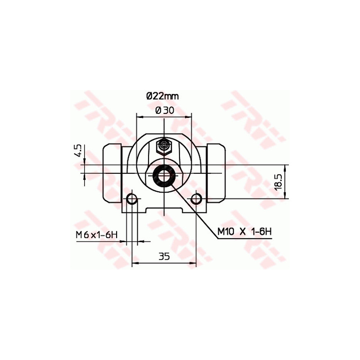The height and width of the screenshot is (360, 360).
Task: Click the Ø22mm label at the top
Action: (162, 96)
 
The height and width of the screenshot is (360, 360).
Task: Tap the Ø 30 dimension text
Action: (165, 111)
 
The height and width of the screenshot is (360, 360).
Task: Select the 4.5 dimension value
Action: (78, 151)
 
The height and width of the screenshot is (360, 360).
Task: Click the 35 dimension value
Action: (164, 256)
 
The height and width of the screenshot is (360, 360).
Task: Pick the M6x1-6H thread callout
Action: (97, 235)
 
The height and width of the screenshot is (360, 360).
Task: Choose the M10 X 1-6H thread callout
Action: (244, 232)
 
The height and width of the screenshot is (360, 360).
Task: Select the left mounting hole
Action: (132, 198)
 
